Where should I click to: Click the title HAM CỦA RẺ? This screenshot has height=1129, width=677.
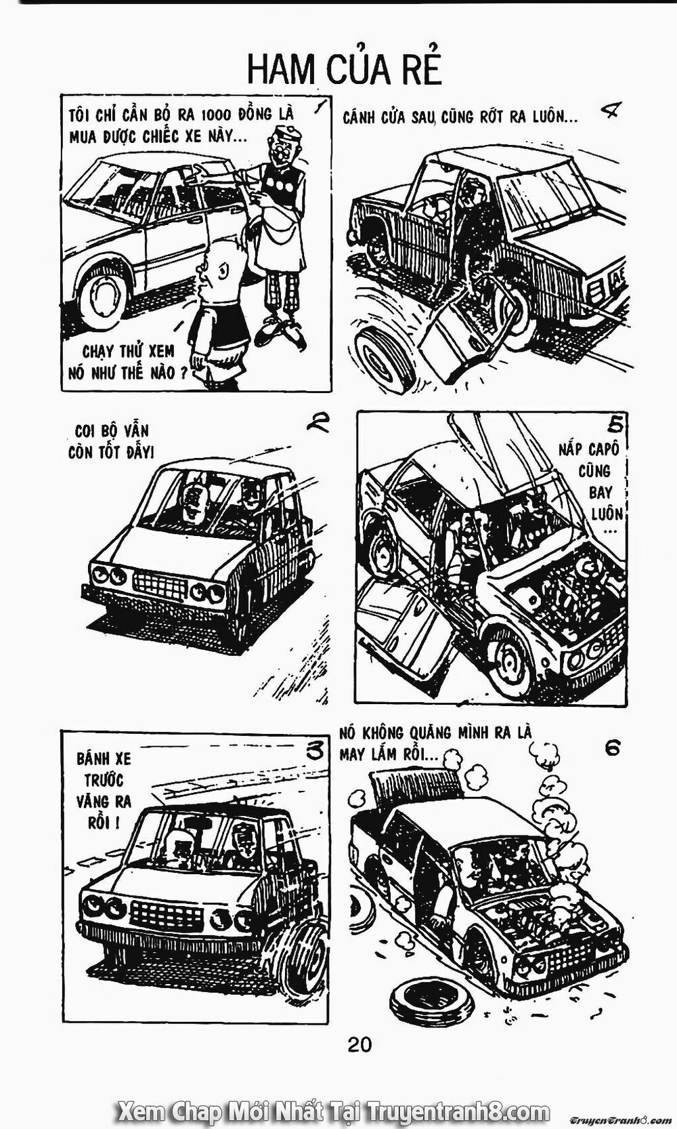(x=345, y=70)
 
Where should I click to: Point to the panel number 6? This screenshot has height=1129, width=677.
(x=612, y=748)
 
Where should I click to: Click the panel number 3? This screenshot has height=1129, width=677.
(x=315, y=750)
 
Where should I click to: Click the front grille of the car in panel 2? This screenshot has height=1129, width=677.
(x=160, y=584)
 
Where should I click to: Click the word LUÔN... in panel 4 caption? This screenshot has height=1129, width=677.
(x=556, y=117)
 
